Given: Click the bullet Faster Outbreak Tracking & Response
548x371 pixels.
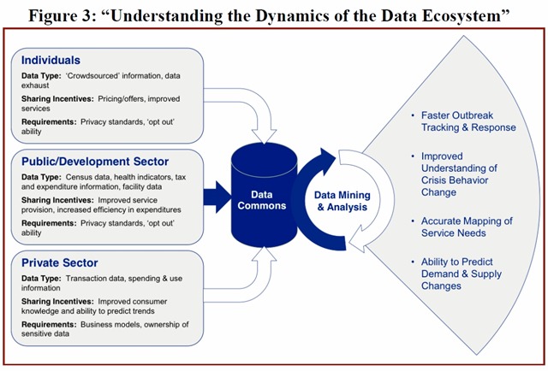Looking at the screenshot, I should tap(468, 121).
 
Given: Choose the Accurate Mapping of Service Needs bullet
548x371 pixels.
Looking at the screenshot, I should tap(467, 227).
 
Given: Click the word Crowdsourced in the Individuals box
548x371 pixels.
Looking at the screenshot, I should tap(104, 77).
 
